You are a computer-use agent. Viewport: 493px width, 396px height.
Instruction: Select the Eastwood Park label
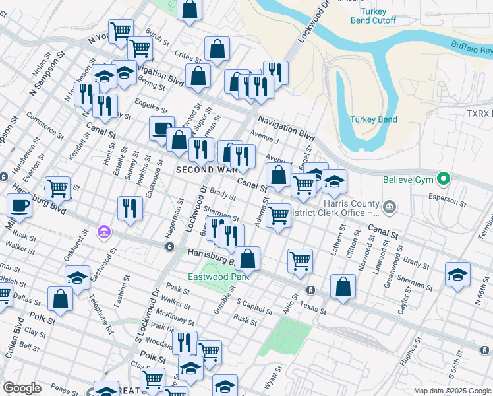point(211,277)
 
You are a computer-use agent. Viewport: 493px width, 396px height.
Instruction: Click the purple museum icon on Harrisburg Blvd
point(103,232)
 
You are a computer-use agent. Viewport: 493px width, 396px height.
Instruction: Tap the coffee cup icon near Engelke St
point(161,129)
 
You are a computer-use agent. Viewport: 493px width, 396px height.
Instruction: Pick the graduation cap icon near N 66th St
point(457,273)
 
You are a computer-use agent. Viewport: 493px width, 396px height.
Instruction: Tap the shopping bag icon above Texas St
point(343,286)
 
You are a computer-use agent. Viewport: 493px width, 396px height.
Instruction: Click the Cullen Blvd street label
point(11,340)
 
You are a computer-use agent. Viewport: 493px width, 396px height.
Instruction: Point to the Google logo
point(22,387)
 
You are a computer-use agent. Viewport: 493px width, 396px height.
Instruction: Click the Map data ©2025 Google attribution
point(451,391)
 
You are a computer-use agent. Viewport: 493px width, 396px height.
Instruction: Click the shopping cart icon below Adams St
point(279,214)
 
